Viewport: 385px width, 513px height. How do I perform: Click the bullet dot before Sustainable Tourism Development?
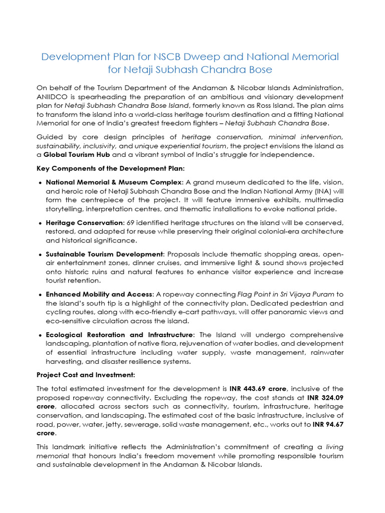[40, 254]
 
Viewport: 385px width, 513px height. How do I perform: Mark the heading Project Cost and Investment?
[85, 374]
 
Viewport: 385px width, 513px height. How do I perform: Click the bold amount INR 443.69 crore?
[257, 388]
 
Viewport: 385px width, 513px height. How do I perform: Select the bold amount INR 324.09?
[321, 397]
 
